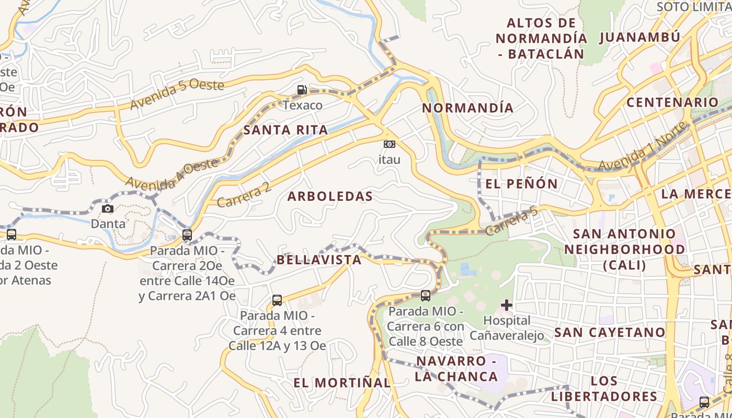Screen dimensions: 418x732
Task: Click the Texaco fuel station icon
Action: coord(302,90)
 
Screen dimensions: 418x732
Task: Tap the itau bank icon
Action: coord(390,144)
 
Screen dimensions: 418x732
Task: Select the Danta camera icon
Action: coord(108,209)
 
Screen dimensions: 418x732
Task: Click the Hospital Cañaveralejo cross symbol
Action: coord(506,305)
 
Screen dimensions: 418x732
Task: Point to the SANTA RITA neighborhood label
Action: coord(285,130)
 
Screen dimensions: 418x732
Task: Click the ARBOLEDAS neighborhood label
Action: coord(330,196)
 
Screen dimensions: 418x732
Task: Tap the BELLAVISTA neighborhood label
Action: coord(319,260)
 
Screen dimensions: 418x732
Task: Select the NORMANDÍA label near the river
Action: coord(467,108)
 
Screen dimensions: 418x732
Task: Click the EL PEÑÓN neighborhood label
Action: coord(522,184)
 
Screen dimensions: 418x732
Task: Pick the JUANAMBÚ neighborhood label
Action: coord(639,38)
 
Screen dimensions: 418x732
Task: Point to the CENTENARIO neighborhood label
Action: coord(672,102)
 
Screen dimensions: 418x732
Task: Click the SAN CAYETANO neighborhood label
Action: coord(609,332)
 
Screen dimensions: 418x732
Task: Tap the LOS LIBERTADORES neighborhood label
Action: coord(604,389)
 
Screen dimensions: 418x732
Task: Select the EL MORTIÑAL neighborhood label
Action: coord(342,382)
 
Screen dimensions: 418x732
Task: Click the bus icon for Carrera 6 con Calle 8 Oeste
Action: coord(426,296)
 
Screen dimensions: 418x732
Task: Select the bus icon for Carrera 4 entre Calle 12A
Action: coord(277,300)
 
